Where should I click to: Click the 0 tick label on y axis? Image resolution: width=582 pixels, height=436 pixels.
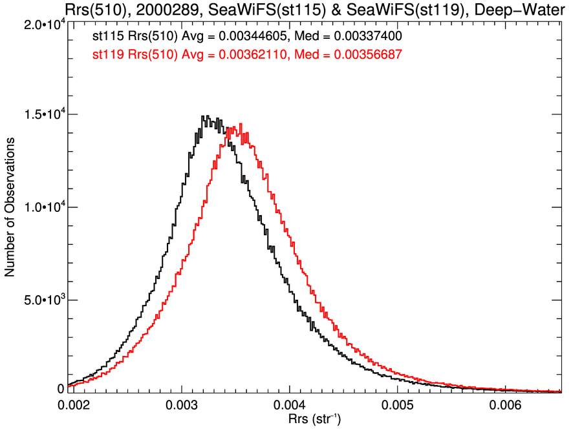[x=61, y=389]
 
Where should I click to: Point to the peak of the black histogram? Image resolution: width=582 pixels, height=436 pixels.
[x=203, y=116]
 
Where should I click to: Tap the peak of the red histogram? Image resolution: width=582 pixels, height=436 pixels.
[x=241, y=124]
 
